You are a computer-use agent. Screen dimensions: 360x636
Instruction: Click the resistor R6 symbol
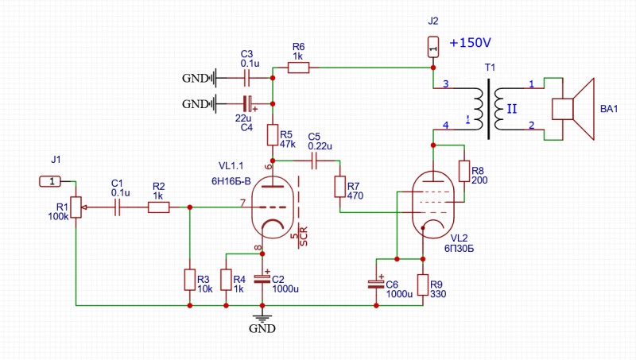pos(298,68)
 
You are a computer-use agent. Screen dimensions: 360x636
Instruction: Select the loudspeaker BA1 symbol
pos(572,109)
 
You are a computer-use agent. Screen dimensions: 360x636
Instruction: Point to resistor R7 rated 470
pos(339,187)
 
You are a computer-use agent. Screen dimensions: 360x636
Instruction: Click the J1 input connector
pos(50,181)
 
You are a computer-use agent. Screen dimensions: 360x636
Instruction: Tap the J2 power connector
pos(432,48)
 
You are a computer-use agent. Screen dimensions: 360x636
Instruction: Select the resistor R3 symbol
pos(190,280)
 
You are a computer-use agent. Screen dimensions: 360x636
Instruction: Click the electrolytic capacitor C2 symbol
pos(262,280)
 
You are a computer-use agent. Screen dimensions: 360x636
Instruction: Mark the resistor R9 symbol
pos(422,285)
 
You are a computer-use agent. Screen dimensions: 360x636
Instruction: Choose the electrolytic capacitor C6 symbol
pos(376,285)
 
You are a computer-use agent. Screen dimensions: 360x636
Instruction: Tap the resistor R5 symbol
pos(272,135)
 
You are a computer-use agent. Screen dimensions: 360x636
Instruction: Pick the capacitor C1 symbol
pos(117,207)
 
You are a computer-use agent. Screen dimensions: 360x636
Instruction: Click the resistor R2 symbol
pos(158,207)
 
